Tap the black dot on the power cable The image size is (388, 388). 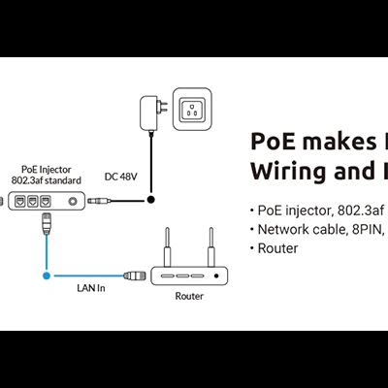point(150,202)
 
